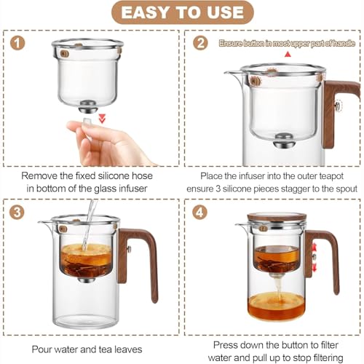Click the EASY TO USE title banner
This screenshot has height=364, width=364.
point(183,12)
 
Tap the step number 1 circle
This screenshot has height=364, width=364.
point(17,43)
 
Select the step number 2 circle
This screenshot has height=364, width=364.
point(200,43)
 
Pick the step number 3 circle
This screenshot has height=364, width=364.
point(17,212)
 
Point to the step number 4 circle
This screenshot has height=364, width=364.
point(199,212)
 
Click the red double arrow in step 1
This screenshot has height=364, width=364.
point(102,118)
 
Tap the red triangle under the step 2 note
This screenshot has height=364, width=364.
point(288,55)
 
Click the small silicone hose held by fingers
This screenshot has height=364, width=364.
point(87,122)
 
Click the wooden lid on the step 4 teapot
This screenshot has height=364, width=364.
point(277,217)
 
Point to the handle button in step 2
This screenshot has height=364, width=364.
point(338,106)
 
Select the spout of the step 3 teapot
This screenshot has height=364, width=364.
point(46,223)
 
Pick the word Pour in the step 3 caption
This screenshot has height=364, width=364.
point(41,349)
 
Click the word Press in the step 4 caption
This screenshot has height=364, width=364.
point(226,345)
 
